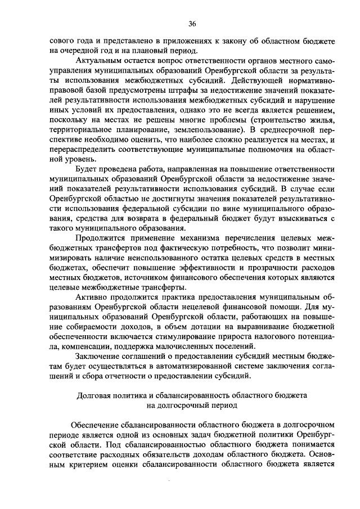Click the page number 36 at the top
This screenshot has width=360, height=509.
192,23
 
